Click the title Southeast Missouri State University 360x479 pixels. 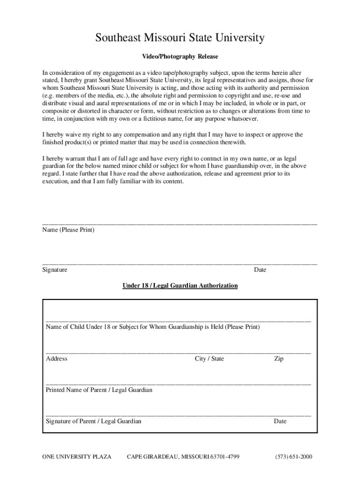[x=180, y=37]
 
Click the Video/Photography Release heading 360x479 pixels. [x=180, y=57]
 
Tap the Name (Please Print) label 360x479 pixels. [x=68, y=230]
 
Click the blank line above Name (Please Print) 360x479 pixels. [x=180, y=224]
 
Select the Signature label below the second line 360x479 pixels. [x=55, y=270]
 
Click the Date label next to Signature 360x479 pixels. [x=260, y=270]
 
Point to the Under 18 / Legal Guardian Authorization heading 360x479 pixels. [x=180, y=285]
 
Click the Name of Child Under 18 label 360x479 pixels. [x=152, y=327]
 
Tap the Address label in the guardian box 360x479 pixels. [x=57, y=359]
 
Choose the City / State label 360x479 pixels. [x=209, y=359]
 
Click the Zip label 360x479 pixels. [x=279, y=359]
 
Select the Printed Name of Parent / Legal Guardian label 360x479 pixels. [x=99, y=390]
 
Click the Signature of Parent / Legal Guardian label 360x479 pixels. [x=94, y=421]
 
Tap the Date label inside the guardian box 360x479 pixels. [x=280, y=421]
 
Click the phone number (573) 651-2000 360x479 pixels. [x=294, y=457]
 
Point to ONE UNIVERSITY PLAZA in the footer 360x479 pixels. [x=77, y=457]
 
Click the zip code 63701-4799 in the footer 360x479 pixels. [x=225, y=457]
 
